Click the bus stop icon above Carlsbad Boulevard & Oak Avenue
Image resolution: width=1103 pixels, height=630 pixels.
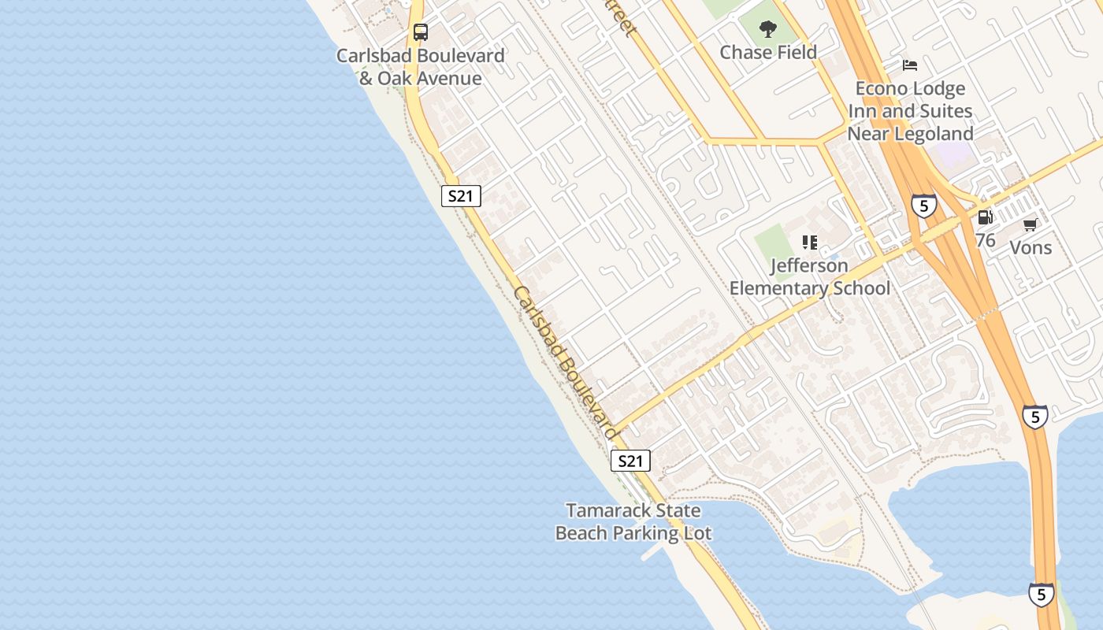tap(421, 32)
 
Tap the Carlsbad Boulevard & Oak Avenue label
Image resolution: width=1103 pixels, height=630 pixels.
tap(420, 67)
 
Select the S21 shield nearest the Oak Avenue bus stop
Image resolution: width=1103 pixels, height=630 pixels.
tap(461, 196)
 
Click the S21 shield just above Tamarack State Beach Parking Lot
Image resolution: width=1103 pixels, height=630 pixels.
tap(630, 461)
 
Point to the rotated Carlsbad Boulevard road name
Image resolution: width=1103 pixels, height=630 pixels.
tap(564, 362)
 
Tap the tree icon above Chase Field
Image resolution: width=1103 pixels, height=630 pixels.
tap(768, 30)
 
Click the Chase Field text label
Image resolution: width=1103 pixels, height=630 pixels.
tap(768, 52)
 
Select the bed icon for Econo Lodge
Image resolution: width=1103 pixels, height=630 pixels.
tap(910, 65)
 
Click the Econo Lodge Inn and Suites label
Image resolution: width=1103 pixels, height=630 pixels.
tap(910, 111)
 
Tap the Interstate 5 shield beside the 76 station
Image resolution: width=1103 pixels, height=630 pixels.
tap(924, 206)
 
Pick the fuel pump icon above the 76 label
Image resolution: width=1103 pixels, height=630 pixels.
tap(985, 217)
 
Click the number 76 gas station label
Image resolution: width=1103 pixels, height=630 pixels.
tap(985, 240)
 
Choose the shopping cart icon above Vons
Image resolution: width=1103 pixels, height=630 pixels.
tap(1030, 225)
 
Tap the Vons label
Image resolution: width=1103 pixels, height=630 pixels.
tap(1031, 247)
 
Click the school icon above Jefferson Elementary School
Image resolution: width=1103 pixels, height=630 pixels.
tap(810, 243)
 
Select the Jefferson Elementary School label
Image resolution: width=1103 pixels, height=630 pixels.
tap(810, 277)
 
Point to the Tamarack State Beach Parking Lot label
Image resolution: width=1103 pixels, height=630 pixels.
tap(633, 521)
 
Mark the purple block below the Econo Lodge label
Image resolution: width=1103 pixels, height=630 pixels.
tap(956, 154)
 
